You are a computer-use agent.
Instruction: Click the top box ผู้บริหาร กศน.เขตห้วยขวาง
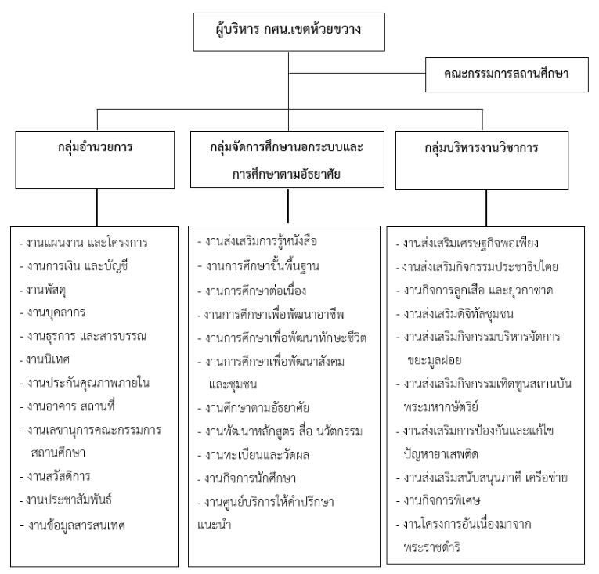(x=289, y=32)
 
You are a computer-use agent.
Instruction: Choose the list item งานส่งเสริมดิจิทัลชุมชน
(x=465, y=313)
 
